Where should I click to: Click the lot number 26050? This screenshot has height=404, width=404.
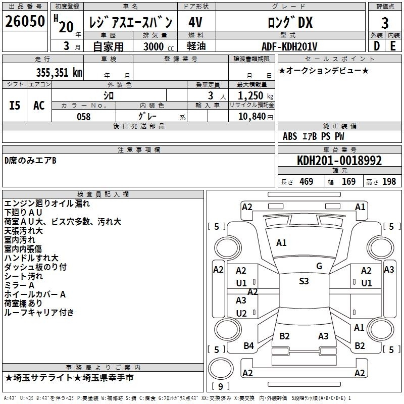click(25, 21)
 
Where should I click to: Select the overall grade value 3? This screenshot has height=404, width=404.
click(385, 23)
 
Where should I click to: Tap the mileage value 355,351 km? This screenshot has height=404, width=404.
click(59, 73)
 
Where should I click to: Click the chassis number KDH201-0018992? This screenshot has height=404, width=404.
click(339, 161)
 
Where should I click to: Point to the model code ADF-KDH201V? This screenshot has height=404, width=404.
click(289, 46)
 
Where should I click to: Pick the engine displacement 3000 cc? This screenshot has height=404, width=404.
click(159, 46)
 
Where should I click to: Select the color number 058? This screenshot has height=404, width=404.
click(84, 117)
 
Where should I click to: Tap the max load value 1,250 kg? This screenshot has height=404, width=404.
click(256, 96)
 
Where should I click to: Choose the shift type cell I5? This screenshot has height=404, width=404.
click(15, 106)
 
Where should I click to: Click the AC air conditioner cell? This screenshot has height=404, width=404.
click(39, 106)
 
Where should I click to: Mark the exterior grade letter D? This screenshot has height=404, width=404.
click(377, 46)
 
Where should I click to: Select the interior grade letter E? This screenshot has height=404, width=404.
click(393, 46)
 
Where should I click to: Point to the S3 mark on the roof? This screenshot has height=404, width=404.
click(304, 281)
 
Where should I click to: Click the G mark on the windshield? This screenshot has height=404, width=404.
click(319, 266)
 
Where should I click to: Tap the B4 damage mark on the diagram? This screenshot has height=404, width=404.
click(248, 346)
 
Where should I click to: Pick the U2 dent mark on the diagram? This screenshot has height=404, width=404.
click(241, 313)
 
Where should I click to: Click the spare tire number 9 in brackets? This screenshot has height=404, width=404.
click(220, 386)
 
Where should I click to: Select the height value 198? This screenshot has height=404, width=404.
click(389, 181)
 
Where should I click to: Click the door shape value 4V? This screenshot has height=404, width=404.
click(195, 23)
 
